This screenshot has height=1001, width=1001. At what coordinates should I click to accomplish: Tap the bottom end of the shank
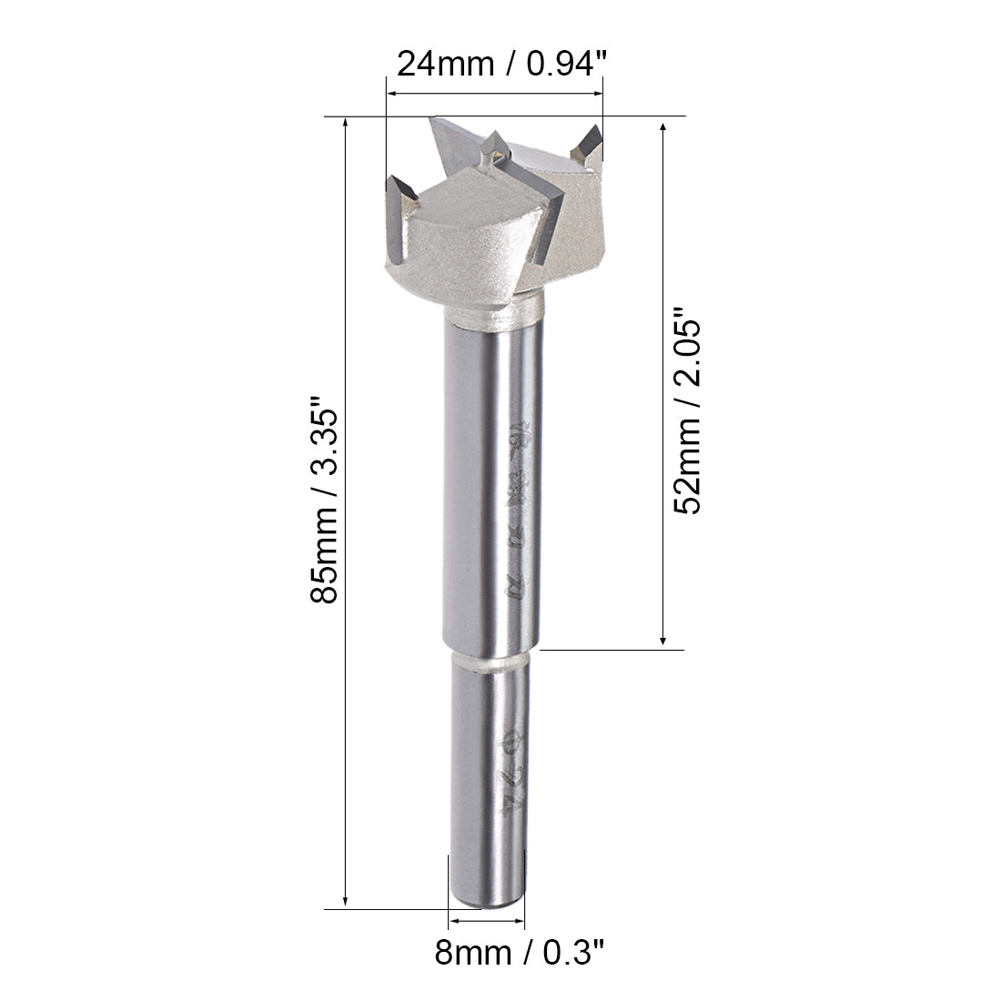pos(489,901)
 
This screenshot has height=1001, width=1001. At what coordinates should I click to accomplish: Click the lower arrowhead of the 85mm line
pos(346,900)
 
